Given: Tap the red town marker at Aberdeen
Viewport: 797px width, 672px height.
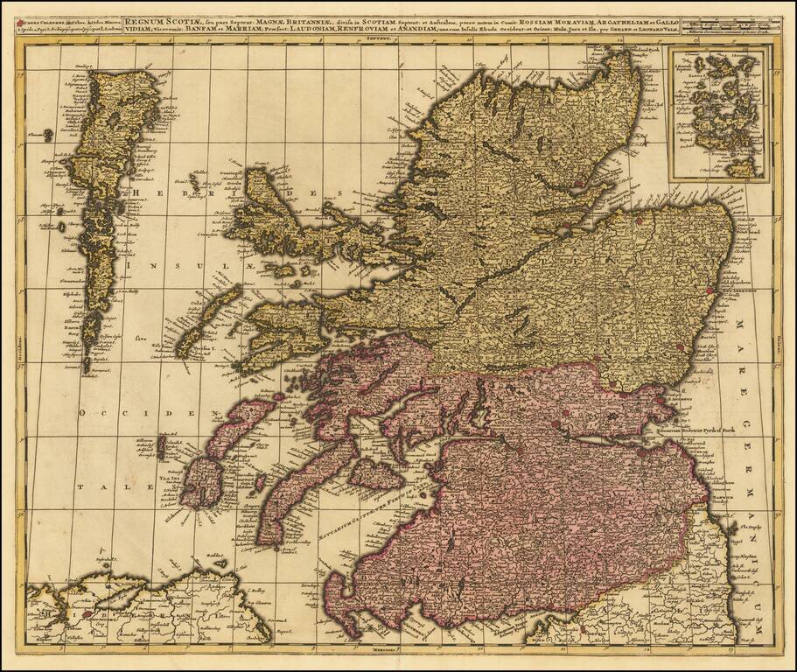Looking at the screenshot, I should click(708, 290).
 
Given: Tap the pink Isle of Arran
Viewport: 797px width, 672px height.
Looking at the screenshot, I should click(377, 473).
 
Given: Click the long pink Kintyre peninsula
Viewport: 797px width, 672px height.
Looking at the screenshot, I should click(289, 499).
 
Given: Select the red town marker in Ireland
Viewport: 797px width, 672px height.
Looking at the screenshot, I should click(87, 615).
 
